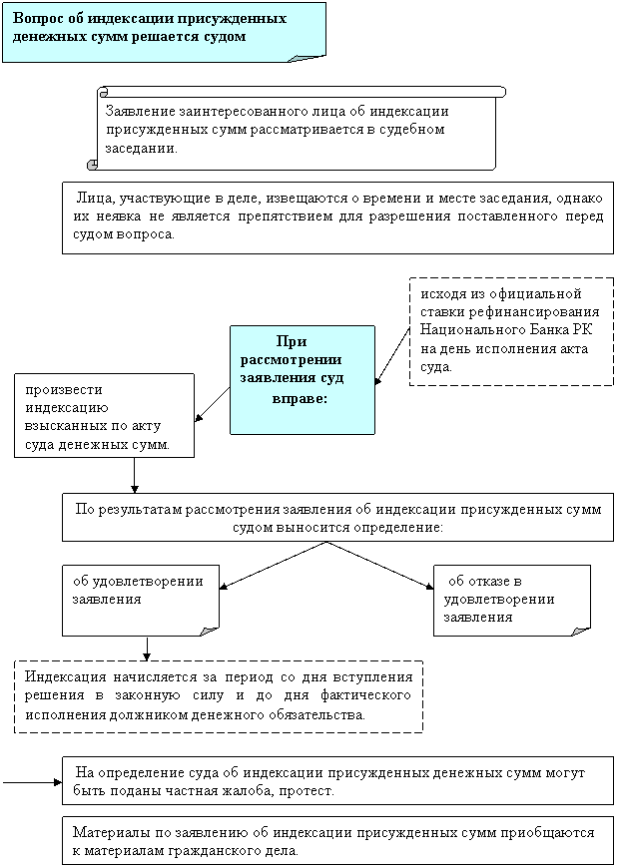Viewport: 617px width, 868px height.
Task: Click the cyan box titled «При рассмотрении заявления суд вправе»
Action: click(x=303, y=380)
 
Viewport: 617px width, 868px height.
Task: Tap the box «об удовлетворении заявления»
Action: click(x=141, y=601)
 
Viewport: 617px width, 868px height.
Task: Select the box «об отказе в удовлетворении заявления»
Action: click(x=512, y=601)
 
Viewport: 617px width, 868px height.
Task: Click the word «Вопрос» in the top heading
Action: click(x=33, y=19)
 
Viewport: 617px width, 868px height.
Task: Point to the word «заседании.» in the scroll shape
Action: click(x=142, y=149)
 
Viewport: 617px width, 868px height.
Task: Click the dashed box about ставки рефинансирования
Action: click(x=511, y=331)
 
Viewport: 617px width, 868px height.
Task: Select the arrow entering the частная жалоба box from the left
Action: click(x=32, y=782)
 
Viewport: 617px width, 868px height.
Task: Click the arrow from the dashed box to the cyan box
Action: click(x=392, y=354)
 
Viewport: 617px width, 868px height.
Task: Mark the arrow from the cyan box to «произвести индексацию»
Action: click(x=212, y=405)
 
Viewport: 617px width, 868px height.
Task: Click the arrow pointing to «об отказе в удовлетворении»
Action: click(x=380, y=565)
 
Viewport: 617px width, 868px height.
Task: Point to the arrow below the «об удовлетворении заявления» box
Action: click(x=148, y=649)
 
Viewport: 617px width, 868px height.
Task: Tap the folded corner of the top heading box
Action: click(x=307, y=58)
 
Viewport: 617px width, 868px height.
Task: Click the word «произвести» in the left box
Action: click(x=64, y=390)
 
